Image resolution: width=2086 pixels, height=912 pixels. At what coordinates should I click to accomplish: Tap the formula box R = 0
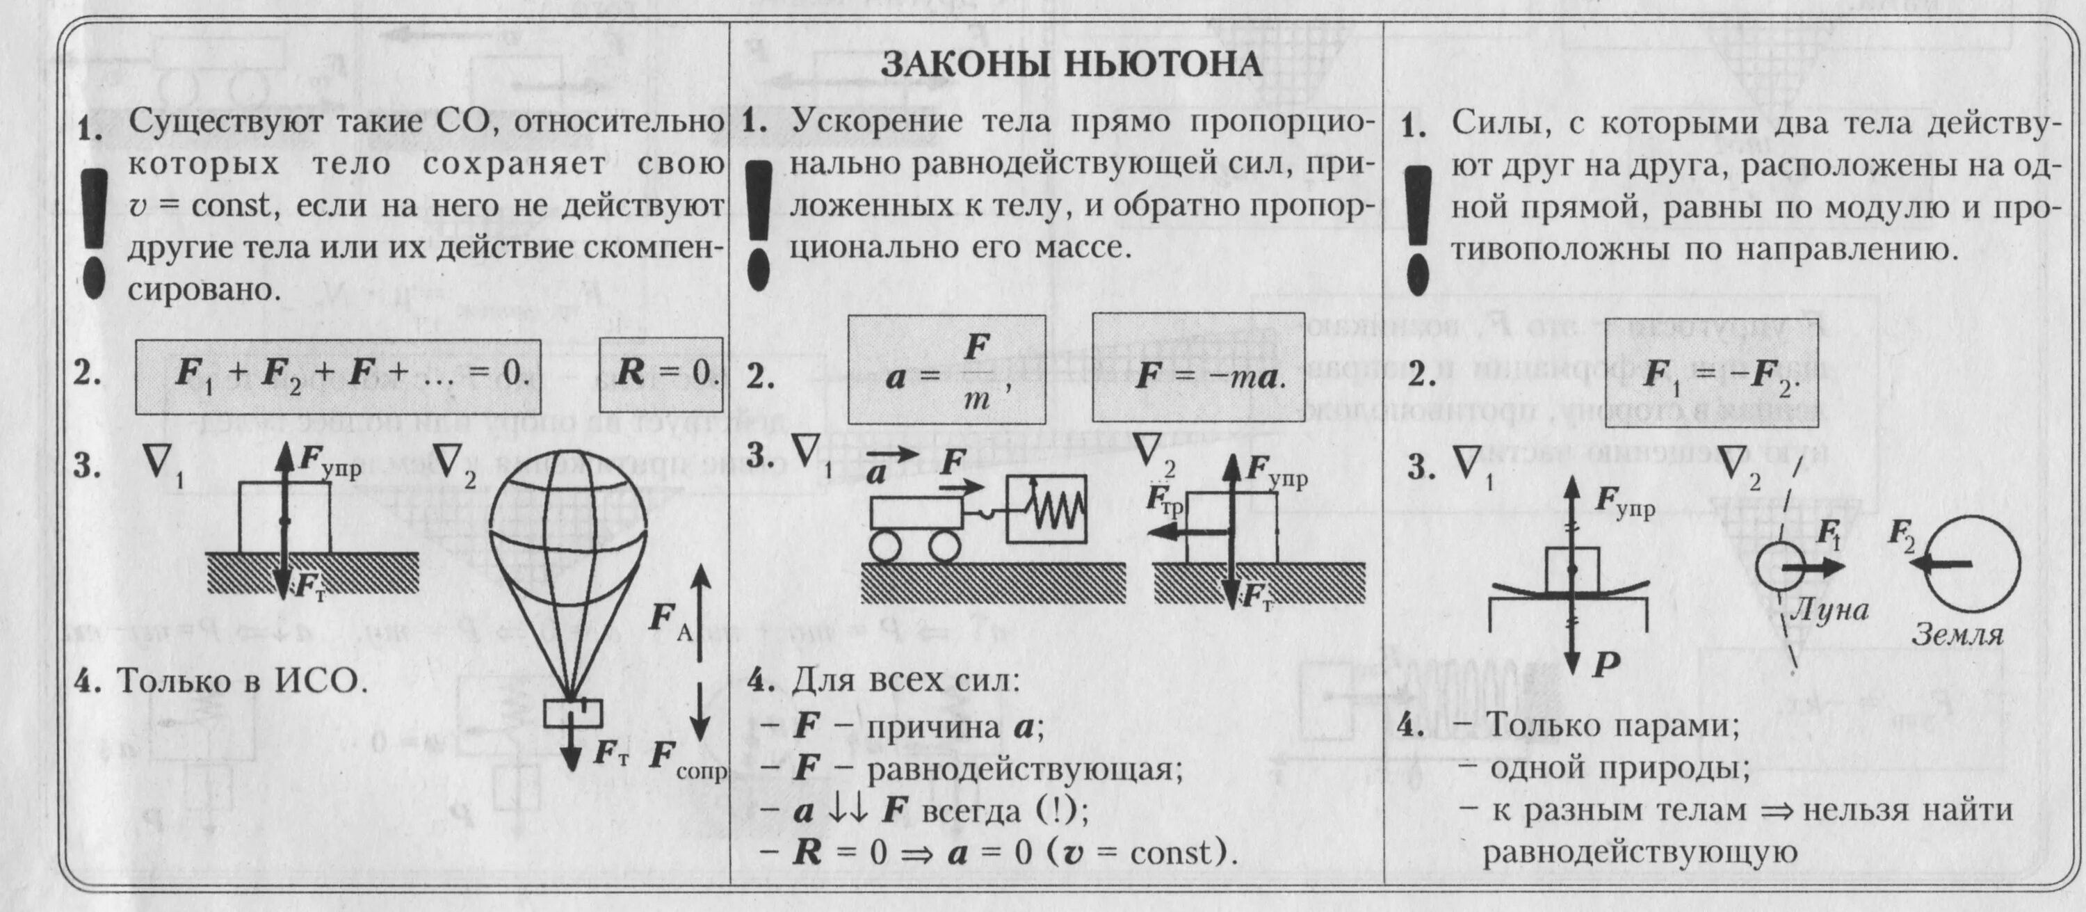tap(661, 374)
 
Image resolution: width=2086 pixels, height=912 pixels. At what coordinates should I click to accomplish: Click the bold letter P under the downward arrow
tap(1605, 664)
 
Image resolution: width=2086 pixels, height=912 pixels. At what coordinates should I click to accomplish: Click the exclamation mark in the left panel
tap(95, 235)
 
